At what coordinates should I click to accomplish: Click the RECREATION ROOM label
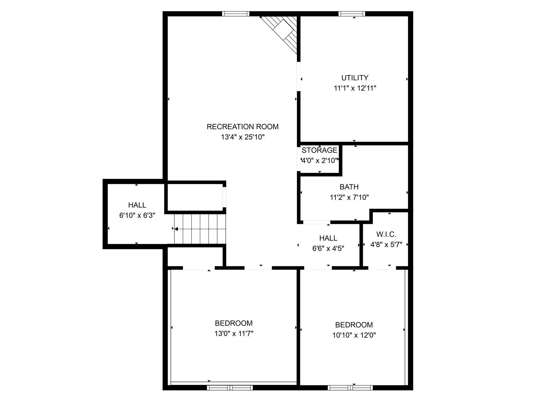click(243, 127)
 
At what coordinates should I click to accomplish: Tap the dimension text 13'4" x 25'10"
click(243, 137)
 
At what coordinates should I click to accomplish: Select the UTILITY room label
click(355, 78)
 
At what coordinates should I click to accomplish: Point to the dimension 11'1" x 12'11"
click(355, 88)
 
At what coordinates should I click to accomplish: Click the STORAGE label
click(319, 150)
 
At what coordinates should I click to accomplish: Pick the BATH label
click(349, 187)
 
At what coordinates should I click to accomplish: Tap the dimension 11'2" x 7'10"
click(349, 197)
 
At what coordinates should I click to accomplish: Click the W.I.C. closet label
click(386, 234)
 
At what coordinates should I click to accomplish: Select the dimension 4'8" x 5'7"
click(386, 244)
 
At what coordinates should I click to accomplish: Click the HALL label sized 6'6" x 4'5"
click(328, 238)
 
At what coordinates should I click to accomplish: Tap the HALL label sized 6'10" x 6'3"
click(137, 205)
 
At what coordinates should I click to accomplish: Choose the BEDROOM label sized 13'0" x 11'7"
click(234, 323)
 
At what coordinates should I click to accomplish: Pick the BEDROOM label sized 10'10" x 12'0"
click(354, 325)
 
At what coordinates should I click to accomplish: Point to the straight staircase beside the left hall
click(200, 229)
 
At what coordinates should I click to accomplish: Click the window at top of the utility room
click(352, 14)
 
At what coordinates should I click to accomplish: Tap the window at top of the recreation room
click(236, 14)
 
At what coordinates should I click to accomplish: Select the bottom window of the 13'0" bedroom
click(230, 388)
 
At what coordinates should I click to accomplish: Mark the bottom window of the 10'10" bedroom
click(350, 388)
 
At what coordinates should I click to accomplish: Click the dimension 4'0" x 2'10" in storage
click(320, 160)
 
